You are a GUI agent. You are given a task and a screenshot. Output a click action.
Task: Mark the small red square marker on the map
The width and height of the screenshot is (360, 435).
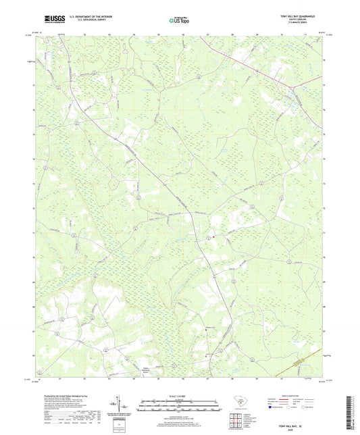pyautogui.click(x=211, y=236)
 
